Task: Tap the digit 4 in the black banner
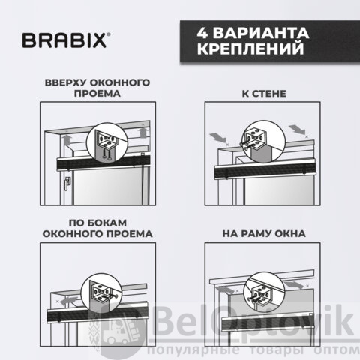tap(202, 33)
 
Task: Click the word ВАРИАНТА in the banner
tap(261, 33)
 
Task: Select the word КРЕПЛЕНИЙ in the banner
tap(250, 49)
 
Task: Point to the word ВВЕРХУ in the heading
tap(65, 82)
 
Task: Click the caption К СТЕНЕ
tap(264, 94)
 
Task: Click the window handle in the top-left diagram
tap(67, 184)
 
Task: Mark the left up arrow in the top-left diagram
tap(67, 140)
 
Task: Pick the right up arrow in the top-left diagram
tap(143, 133)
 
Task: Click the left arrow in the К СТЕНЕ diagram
tap(217, 138)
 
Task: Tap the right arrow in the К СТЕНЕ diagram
tap(297, 130)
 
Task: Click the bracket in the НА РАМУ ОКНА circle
tap(260, 295)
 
